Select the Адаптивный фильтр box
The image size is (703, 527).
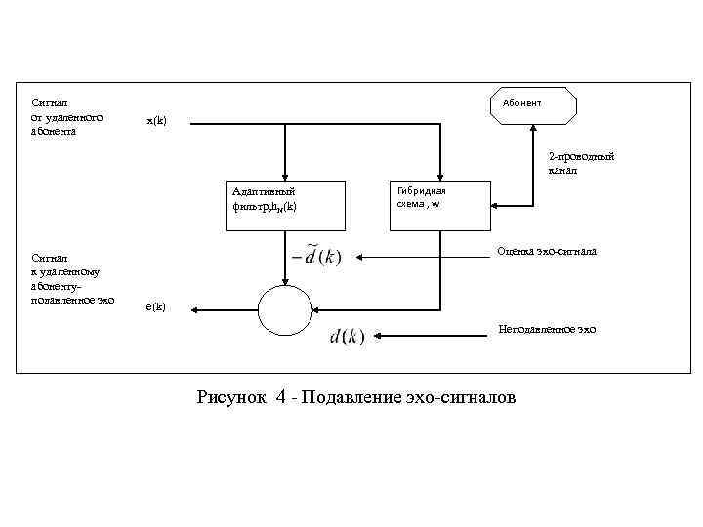284,204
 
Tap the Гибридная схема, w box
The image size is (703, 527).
427,204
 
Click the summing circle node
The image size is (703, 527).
283,310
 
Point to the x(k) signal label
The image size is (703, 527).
156,121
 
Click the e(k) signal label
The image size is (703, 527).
155,307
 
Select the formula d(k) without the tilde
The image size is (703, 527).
347,337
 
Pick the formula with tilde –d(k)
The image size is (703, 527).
318,257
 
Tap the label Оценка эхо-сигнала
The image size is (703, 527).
546,252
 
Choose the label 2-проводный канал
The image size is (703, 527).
580,163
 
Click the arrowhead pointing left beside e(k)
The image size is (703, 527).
194,310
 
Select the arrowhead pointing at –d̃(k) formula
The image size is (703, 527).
359,257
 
